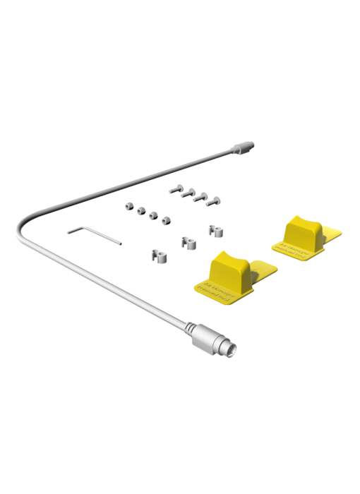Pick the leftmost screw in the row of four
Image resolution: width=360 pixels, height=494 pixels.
point(174,189)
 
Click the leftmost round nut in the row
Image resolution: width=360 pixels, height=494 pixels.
point(127,206)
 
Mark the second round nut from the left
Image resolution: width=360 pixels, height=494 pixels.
point(140,211)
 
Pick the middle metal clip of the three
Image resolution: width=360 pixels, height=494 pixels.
point(187,241)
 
